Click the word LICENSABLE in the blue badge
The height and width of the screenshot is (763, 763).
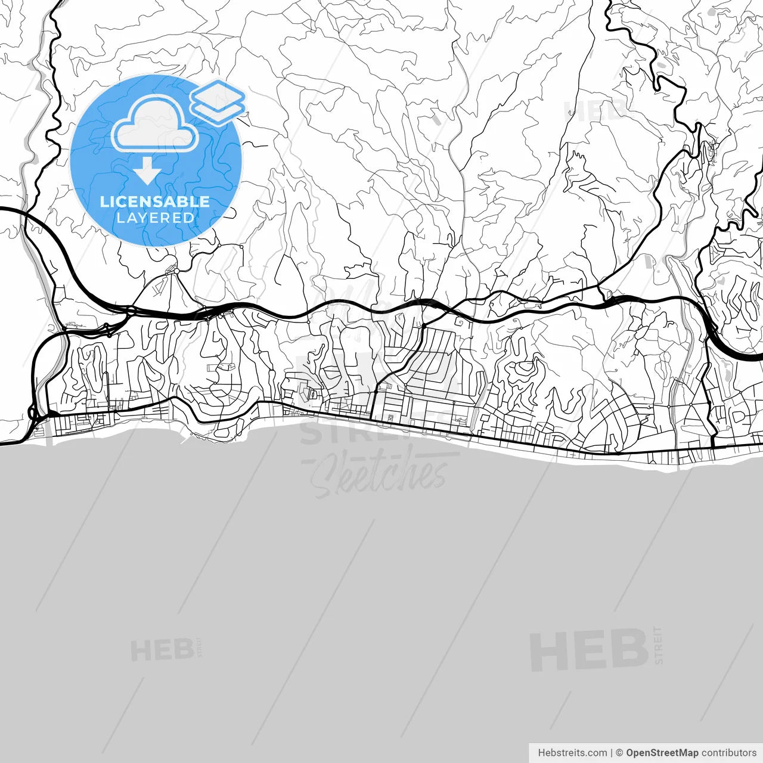155,201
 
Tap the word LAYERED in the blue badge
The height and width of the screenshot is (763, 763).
155,218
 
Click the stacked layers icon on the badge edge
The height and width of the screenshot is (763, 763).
218,101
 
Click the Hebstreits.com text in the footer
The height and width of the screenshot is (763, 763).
572,753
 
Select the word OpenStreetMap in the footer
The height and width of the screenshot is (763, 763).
662,753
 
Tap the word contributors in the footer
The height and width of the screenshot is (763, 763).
728,753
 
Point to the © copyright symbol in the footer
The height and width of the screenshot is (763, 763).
619,753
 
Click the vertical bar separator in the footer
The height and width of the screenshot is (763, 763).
612,753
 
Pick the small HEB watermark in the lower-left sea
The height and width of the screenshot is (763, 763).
162,650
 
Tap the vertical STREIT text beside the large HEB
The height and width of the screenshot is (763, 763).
658,645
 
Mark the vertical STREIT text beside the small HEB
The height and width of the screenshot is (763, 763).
200,647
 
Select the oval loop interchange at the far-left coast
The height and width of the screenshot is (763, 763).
32,412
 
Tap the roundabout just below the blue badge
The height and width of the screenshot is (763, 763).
176,272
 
